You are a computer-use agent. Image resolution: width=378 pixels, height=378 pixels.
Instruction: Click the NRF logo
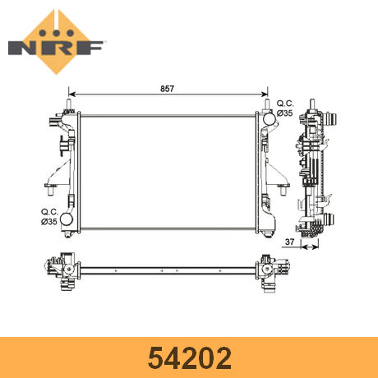(56, 43)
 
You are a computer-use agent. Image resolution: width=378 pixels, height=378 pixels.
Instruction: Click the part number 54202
(190, 358)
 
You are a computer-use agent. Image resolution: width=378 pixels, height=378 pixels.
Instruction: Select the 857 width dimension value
(167, 89)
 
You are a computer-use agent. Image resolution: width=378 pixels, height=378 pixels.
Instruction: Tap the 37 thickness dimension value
(289, 242)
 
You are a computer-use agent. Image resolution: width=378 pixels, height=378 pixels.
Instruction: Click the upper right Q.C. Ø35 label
(285, 108)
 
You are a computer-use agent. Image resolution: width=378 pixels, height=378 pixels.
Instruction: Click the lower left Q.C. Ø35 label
(49, 217)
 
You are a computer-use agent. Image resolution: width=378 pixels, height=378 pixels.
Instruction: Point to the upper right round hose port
(270, 118)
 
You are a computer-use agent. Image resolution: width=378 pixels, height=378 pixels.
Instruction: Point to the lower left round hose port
(67, 219)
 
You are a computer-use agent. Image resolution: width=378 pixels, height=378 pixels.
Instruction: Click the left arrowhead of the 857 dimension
(71, 94)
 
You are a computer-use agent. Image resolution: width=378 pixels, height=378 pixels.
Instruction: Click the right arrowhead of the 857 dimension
(265, 94)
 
